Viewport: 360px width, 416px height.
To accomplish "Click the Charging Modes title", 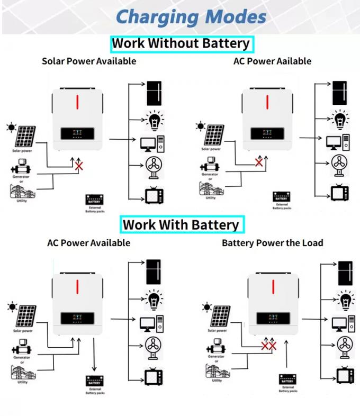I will [x=191, y=17].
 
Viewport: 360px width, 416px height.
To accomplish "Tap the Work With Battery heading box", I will [x=181, y=225].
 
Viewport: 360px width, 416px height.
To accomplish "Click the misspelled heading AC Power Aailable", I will [x=272, y=61].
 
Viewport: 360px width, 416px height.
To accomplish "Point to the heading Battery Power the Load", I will [x=272, y=243].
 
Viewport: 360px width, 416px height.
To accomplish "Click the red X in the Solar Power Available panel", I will [x=79, y=166].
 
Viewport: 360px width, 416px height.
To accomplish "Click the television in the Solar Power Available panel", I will [x=155, y=195].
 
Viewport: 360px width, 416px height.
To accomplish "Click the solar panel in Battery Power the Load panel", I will [x=220, y=315].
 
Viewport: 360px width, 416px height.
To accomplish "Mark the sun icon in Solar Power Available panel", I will [x=10, y=127].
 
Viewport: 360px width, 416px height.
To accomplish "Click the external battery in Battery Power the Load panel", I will [x=287, y=379].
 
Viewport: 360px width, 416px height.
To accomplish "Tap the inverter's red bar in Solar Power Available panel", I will [x=77, y=102].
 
